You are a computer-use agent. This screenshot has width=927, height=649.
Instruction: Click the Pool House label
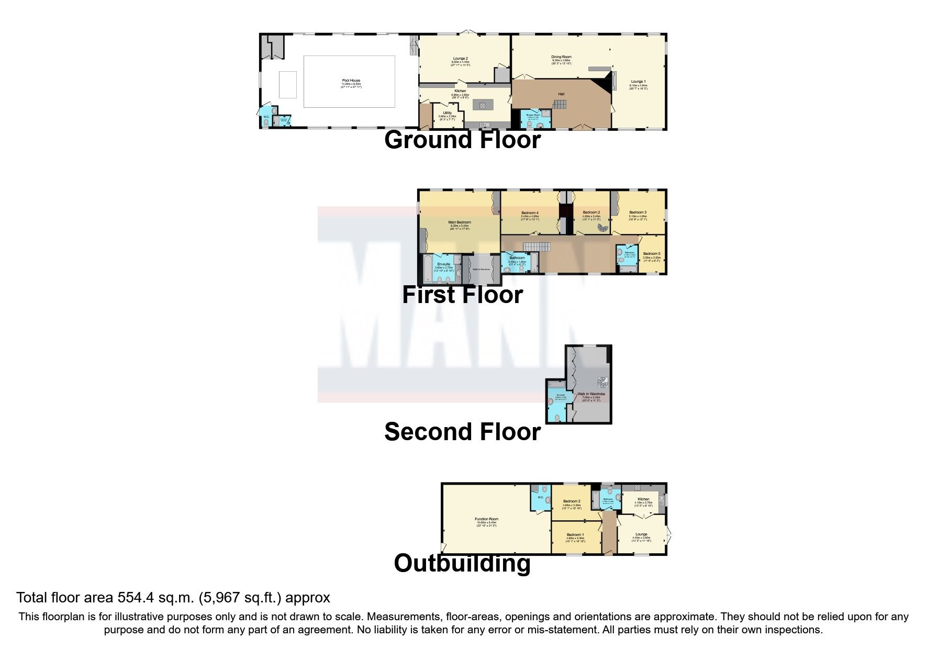(x=351, y=81)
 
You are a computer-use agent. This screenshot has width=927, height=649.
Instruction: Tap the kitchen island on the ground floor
(x=482, y=105)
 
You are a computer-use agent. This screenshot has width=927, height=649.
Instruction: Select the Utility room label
(x=447, y=113)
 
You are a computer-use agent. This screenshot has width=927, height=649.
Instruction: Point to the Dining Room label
(x=561, y=57)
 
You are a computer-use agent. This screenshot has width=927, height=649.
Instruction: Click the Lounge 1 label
(x=638, y=82)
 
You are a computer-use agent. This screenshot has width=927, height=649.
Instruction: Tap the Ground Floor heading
(x=462, y=140)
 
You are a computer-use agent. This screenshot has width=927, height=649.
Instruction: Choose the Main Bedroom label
(x=460, y=222)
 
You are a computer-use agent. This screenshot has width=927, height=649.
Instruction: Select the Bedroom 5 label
(x=652, y=254)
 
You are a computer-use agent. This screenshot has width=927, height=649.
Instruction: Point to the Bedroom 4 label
(x=530, y=213)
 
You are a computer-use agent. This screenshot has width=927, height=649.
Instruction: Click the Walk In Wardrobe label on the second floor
(x=591, y=394)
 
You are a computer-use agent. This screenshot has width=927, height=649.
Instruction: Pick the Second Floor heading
(x=462, y=432)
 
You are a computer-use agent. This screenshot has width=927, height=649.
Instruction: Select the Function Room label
(x=486, y=519)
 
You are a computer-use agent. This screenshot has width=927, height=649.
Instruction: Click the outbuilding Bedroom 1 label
(x=575, y=535)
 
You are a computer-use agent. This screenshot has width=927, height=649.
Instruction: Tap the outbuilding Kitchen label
(x=643, y=499)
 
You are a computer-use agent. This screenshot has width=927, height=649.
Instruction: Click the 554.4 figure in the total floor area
(x=137, y=598)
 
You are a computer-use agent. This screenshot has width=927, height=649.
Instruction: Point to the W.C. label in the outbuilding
(x=540, y=497)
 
